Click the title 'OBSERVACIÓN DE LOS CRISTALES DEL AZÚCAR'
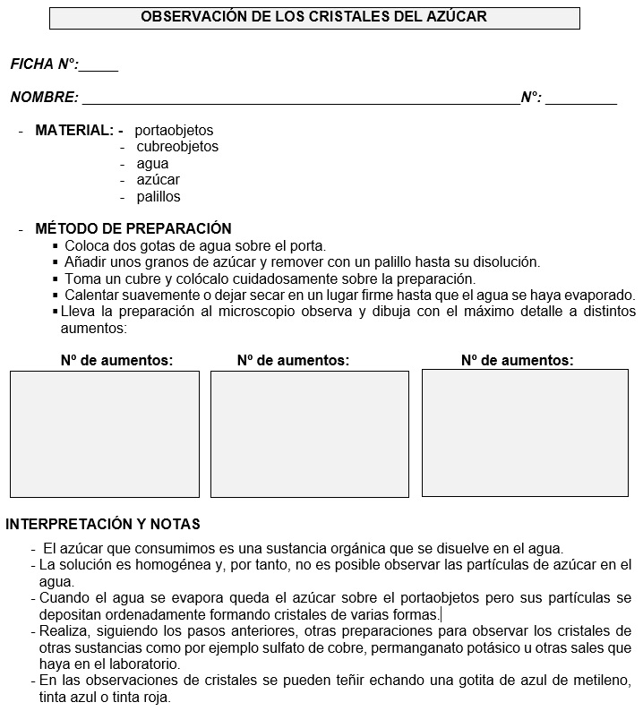coord(313,17)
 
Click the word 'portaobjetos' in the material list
coord(174,131)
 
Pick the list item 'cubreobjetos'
coord(177,147)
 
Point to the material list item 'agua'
coord(152,164)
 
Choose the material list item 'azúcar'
coord(158,180)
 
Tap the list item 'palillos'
coord(159,197)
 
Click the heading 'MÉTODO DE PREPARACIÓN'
coord(133,229)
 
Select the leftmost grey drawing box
coord(104,434)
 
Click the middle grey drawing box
coord(309,434)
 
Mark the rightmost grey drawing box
coord(525,433)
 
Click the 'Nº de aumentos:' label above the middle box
coord(293,360)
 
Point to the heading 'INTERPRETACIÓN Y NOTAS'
coord(103,524)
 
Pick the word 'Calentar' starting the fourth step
coord(92,295)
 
